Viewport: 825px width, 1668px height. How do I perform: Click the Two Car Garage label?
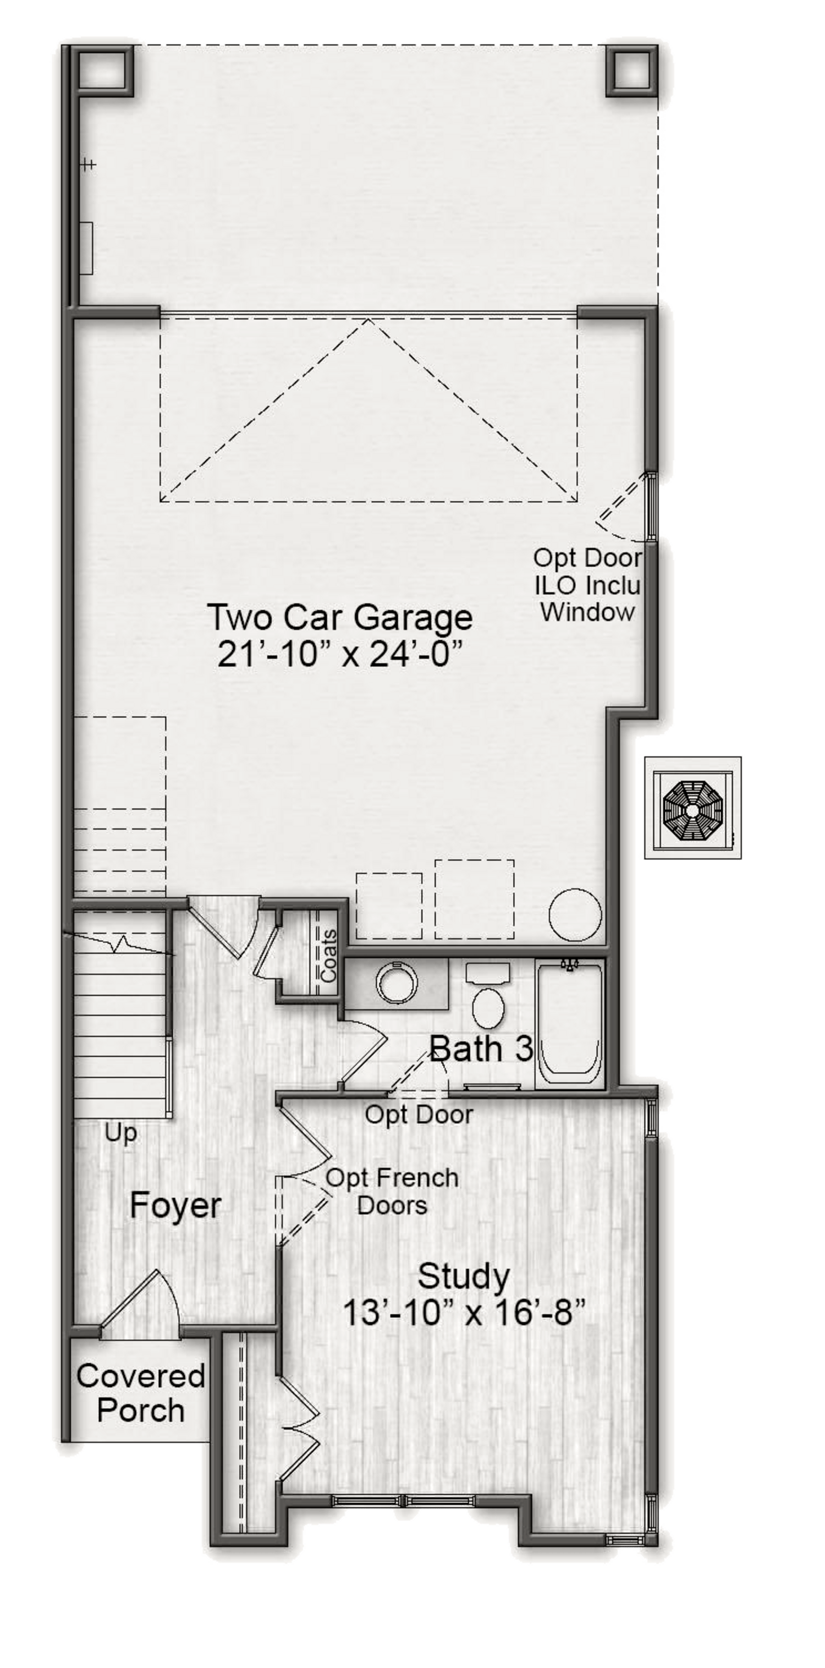pos(340,619)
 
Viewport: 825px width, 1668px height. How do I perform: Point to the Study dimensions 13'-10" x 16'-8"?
pos(464,1314)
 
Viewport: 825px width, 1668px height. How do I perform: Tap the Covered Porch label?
pos(140,1394)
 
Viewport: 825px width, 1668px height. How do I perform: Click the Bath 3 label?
pos(481,1049)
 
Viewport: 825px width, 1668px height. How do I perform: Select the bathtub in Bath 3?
pos(570,1023)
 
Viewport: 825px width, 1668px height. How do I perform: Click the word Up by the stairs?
pos(121,1134)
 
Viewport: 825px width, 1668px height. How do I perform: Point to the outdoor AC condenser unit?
pos(692,808)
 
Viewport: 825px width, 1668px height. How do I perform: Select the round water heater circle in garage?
pos(575,914)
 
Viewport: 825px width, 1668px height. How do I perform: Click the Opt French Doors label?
pos(392,1192)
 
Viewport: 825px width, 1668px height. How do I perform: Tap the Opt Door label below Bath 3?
pos(419,1115)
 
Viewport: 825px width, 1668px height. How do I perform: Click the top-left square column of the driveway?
pos(106,70)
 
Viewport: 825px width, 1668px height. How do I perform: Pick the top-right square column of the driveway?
pos(632,70)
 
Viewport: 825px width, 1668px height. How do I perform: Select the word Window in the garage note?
pos(587,612)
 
